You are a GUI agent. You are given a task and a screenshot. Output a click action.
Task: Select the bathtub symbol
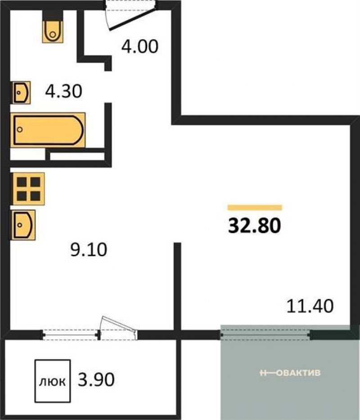coord(48,130)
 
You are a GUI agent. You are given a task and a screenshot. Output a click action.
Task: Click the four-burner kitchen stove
coord(28,189)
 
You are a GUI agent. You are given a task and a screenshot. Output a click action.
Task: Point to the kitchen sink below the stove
coord(23,225)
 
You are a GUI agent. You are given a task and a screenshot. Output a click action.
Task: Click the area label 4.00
coord(140,46)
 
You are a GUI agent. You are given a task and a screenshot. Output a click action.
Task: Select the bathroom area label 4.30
coord(63,91)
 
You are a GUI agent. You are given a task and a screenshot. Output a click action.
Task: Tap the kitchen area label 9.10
coord(89,250)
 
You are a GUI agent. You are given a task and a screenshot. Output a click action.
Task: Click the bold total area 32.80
coord(254,226)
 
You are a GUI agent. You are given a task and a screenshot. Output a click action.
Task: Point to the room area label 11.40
coord(310,306)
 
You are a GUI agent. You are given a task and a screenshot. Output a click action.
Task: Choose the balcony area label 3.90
coord(96,379)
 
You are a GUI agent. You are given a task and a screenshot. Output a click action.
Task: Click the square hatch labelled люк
coord(53,381)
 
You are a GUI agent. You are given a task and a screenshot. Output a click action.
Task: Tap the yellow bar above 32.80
coord(255,208)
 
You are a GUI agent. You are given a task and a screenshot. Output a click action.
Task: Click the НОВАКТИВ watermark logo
coord(290,373)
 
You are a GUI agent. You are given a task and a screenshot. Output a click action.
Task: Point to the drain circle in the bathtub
coord(19,130)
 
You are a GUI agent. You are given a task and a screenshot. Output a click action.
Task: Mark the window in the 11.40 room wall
coord(265,334)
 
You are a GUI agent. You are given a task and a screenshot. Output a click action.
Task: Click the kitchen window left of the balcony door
coord(71,335)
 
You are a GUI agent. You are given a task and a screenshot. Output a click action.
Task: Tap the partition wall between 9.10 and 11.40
coord(177,287)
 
